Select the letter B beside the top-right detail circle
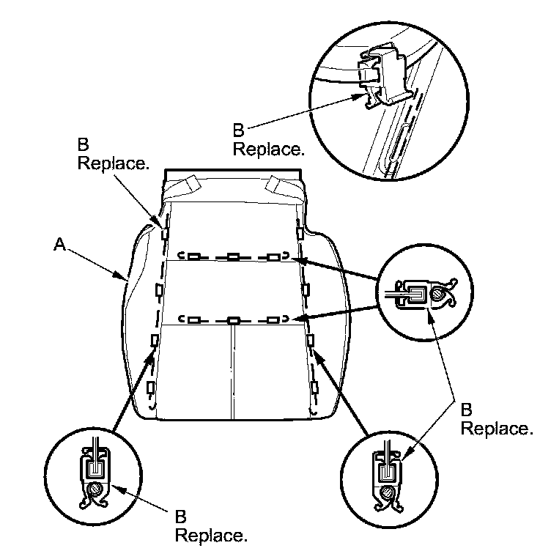point(238,131)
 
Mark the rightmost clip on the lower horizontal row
point(273,320)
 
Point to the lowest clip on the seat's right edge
point(314,386)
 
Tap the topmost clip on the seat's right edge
point(300,232)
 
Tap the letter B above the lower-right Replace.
point(467,408)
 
